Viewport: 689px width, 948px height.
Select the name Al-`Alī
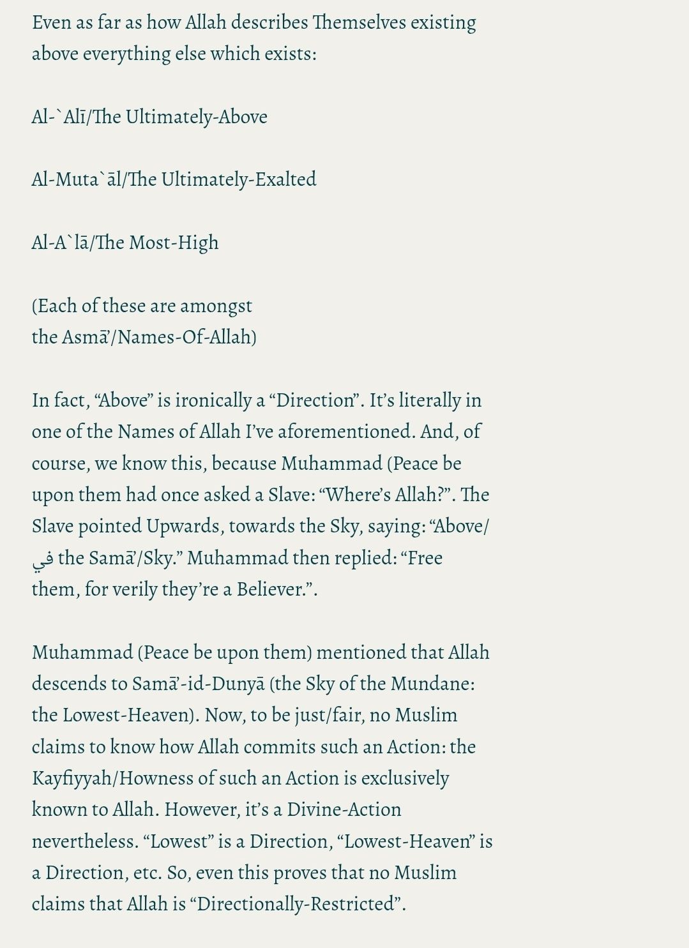[59, 117]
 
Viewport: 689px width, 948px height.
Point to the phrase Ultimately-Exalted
[238, 179]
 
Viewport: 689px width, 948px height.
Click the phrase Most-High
[174, 243]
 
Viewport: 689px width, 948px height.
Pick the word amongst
[216, 306]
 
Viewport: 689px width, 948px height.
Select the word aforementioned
[346, 432]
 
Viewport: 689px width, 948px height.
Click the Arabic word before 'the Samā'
[42, 559]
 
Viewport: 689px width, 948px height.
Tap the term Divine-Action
[344, 809]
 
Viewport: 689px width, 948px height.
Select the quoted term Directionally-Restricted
[298, 904]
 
